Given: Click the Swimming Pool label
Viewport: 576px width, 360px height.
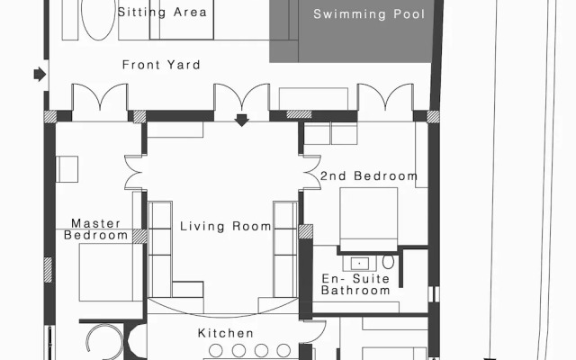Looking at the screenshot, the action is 369,14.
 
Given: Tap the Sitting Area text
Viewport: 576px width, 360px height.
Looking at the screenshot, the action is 162,12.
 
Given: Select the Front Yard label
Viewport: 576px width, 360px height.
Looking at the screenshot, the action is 161,65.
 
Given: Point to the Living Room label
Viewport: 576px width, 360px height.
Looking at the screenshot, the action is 226,226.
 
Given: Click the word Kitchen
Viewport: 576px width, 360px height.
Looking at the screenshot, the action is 226,333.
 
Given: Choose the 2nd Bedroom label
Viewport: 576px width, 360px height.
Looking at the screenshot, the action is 369,176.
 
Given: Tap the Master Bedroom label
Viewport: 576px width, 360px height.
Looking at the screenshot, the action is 96,229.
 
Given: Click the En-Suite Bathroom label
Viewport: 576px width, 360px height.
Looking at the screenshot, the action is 355,284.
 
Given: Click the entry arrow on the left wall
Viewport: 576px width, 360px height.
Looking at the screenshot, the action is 40,74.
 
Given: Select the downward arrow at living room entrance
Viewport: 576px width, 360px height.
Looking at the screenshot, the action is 242,120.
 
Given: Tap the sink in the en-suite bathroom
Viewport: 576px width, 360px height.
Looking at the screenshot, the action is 359,264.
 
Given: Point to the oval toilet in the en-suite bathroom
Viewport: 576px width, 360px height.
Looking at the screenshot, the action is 388,262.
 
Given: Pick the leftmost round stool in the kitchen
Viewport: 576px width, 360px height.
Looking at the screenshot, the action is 216,350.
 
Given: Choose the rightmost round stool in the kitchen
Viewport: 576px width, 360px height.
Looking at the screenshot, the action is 283,350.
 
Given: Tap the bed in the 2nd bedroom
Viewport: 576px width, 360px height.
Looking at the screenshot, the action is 369,220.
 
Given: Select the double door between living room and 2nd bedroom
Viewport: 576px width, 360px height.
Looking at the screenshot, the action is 311,173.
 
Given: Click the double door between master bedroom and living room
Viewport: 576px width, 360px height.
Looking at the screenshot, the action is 134,173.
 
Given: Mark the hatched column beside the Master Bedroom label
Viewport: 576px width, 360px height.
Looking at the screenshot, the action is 139,237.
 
